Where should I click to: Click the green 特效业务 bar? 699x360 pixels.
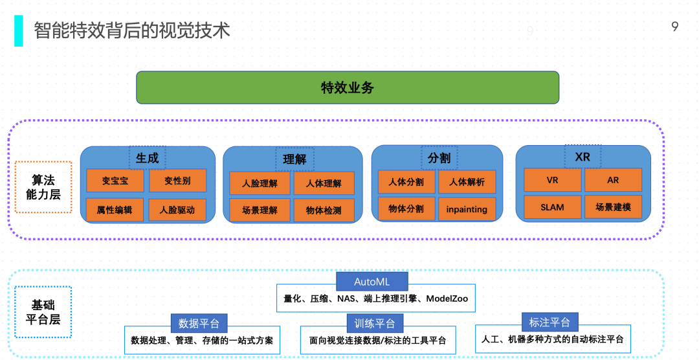point(348,87)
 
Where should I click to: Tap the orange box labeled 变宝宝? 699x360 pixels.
point(115,181)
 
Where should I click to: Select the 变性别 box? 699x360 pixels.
point(177,181)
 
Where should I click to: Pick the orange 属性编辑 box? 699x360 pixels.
point(115,210)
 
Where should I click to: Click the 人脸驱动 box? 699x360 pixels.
point(177,210)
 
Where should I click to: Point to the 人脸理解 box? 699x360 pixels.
point(260,183)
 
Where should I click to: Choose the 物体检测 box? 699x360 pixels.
point(324,210)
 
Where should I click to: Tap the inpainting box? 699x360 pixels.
point(467,208)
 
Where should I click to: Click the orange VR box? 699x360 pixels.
point(552,180)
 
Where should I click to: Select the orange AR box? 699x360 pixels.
point(613,180)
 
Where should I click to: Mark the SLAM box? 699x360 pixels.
point(552,207)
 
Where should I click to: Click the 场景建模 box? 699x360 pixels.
point(613,207)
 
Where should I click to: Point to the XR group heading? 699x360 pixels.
point(582,157)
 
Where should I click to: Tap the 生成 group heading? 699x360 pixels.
point(147,158)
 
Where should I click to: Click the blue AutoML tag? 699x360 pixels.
point(372,282)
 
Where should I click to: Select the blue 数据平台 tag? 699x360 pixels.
point(199,323)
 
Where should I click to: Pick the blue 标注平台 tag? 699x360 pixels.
point(549,322)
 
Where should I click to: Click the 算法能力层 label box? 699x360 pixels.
point(43,187)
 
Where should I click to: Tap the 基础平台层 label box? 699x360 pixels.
point(43,312)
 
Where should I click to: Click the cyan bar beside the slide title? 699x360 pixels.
point(18,31)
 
